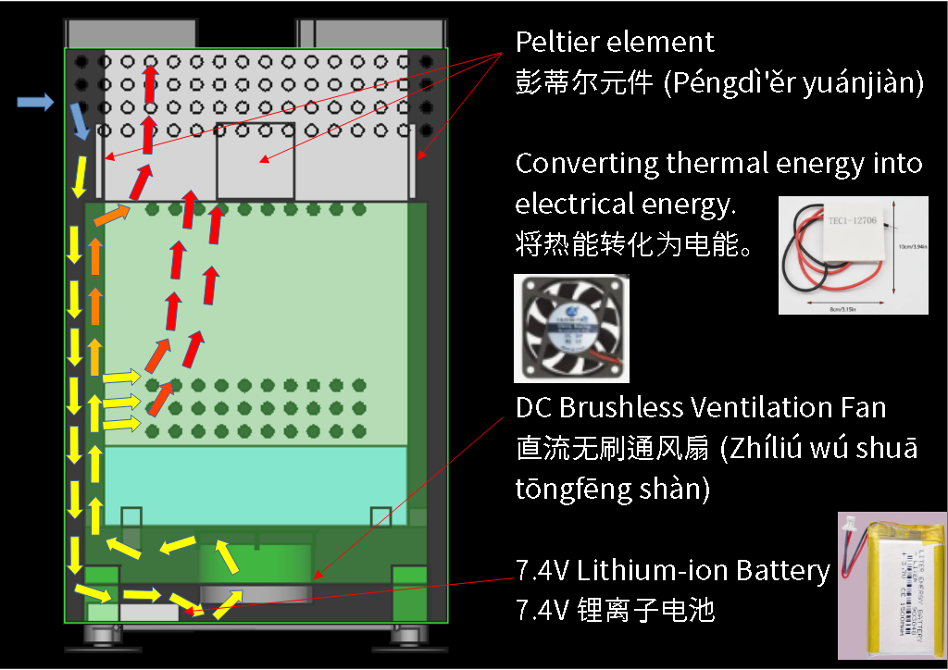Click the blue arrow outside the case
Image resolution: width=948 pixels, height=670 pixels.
(35, 103)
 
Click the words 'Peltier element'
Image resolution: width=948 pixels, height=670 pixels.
(615, 43)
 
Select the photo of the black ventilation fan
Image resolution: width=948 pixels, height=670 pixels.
(570, 329)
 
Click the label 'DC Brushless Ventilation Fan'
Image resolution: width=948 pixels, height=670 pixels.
(701, 407)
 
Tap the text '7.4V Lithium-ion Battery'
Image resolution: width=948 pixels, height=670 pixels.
(672, 570)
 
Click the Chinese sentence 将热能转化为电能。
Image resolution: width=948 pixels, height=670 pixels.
(633, 245)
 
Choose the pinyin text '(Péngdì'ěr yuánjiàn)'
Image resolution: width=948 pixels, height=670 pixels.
(792, 84)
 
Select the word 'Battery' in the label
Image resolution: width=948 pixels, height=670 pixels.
(782, 570)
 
